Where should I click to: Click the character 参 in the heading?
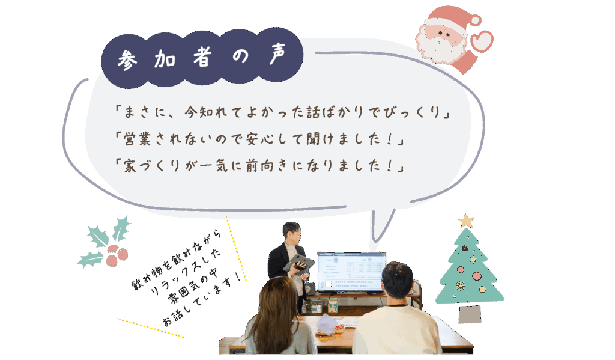[127, 60]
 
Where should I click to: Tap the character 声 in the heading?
[277, 53]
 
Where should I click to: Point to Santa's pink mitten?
[482, 41]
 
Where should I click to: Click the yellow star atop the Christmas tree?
[466, 221]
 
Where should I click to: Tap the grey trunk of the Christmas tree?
[470, 314]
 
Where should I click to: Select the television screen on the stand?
[351, 272]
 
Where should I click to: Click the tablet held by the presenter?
[299, 263]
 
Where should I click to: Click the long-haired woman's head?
[276, 302]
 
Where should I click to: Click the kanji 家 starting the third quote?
[130, 166]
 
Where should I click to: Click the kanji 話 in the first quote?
[314, 112]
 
